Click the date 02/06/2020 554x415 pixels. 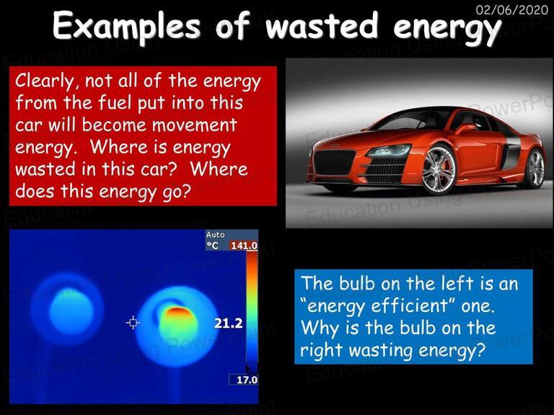[511, 9]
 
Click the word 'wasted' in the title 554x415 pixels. [322, 25]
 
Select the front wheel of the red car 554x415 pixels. [439, 169]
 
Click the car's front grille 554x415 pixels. [334, 162]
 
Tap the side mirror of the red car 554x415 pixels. [467, 128]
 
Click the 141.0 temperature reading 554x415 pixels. [244, 245]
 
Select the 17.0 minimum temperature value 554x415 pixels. [247, 380]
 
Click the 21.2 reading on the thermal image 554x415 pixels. [228, 323]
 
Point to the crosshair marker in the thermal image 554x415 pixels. [133, 323]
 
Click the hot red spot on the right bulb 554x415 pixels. [177, 311]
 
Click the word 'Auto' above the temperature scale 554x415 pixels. [216, 235]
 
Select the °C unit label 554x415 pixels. [213, 245]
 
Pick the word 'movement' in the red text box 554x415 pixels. [195, 125]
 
